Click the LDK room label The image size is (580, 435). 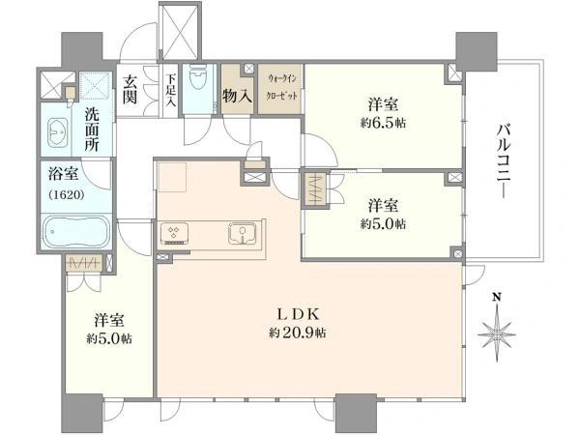(298, 314)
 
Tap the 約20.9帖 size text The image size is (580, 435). (298, 333)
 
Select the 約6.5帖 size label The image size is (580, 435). (383, 123)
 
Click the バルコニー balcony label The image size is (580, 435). (504, 161)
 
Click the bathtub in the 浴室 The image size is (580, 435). (76, 232)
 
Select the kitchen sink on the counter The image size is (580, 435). (243, 233)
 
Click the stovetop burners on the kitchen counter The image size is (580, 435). (174, 233)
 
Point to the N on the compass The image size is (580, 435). (497, 297)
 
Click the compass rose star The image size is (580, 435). (497, 334)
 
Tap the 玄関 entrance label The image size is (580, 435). (130, 89)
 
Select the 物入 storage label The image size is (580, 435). (237, 97)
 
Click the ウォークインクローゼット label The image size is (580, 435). (282, 87)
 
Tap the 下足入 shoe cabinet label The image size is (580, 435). (170, 91)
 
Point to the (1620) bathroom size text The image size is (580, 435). (67, 194)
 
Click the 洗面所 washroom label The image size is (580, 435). (92, 130)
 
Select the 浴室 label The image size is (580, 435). (63, 174)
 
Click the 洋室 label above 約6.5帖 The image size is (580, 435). (383, 104)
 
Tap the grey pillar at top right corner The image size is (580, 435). (476, 52)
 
